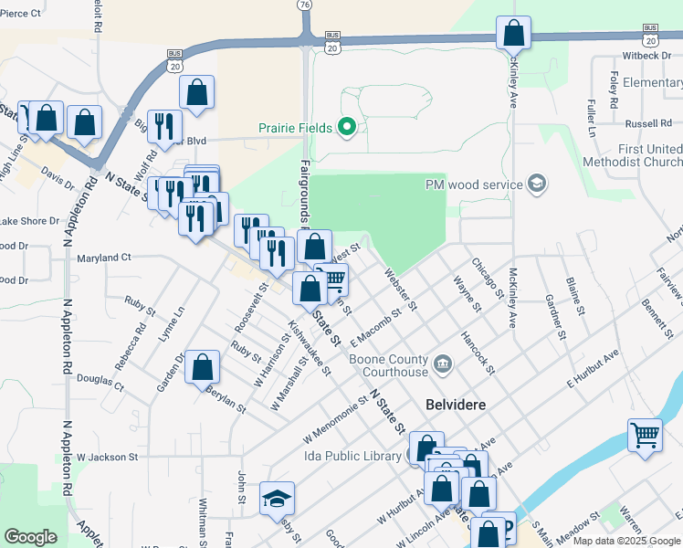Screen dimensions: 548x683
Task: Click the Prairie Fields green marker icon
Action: (347, 127)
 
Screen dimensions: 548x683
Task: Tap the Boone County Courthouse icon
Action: (442, 364)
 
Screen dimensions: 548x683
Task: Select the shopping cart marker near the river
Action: (645, 435)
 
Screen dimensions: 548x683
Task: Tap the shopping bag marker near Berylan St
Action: (203, 368)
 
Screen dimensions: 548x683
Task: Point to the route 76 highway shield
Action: (303, 5)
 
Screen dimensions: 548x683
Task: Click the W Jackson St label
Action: (107, 457)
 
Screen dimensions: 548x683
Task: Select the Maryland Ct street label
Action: (104, 258)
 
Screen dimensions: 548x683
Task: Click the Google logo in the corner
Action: (30, 537)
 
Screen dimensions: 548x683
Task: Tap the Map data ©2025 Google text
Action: (626, 541)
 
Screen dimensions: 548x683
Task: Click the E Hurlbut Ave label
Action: (593, 365)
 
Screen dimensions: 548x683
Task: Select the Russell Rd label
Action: (648, 123)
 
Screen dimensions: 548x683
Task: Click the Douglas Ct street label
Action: (100, 377)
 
